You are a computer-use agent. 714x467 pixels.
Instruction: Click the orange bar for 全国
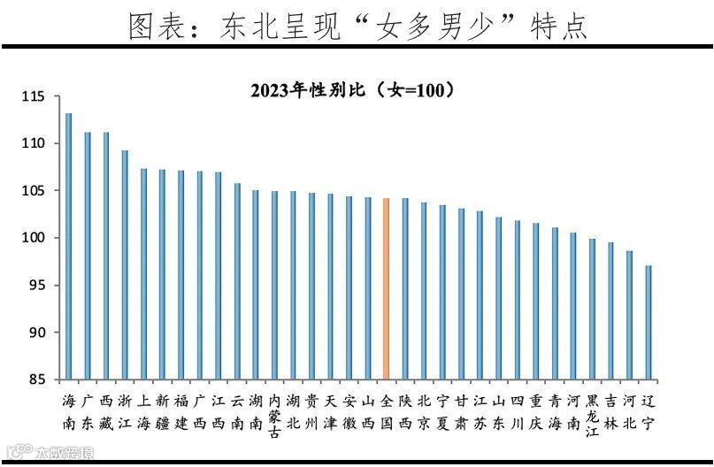(x=386, y=288)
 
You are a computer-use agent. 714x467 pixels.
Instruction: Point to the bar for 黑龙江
(x=592, y=309)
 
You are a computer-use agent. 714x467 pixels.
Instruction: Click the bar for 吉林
(x=610, y=310)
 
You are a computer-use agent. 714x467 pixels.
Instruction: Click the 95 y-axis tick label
(x=37, y=286)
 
